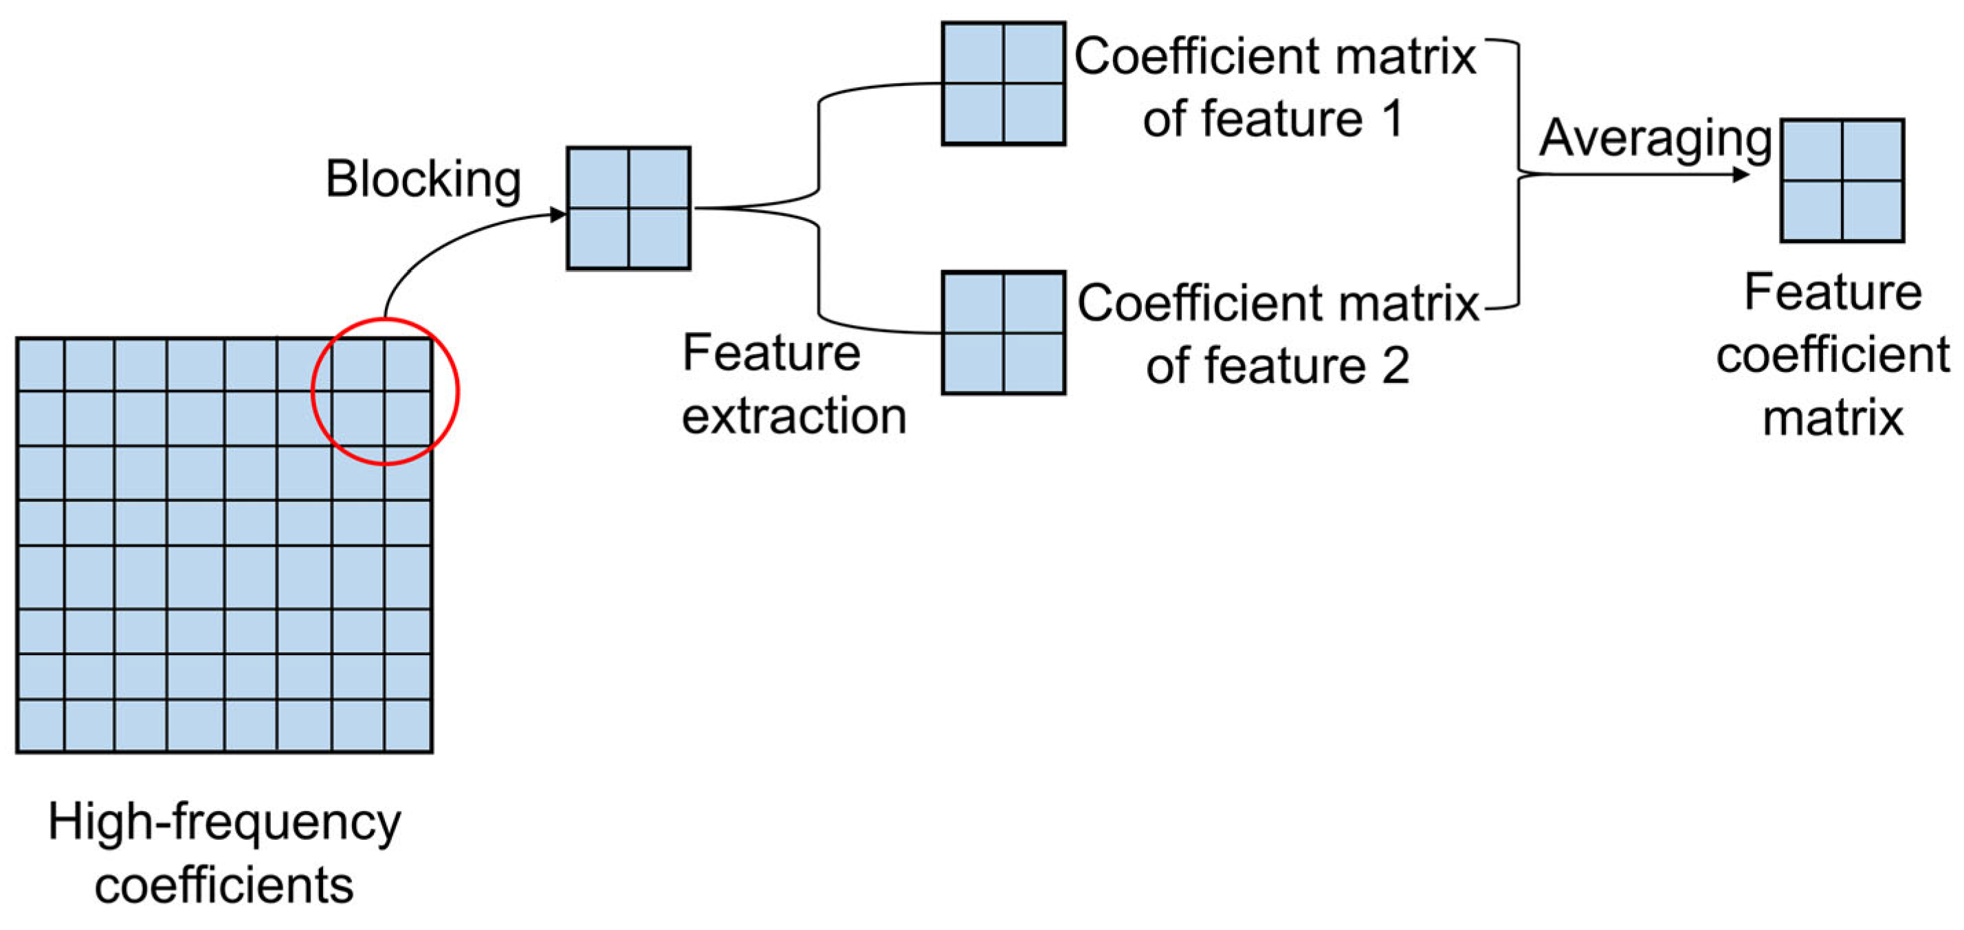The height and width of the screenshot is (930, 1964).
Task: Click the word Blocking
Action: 423,180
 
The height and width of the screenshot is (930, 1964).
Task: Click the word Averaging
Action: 1655,140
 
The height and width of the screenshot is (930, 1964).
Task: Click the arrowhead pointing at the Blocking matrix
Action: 558,215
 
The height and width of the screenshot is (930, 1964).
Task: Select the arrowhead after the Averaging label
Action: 1741,175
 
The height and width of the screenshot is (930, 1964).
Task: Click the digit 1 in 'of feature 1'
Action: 1392,120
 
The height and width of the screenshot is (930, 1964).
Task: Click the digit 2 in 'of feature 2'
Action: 1395,366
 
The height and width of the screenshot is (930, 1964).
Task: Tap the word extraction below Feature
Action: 794,417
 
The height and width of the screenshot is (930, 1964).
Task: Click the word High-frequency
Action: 224,823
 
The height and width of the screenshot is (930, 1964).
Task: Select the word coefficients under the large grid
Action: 224,886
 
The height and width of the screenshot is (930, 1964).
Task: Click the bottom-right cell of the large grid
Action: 407,725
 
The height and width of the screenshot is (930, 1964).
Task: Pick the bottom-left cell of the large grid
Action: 41,725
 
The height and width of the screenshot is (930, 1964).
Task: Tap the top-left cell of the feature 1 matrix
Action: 973,54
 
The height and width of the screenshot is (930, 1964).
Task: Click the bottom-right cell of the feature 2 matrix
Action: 1033,363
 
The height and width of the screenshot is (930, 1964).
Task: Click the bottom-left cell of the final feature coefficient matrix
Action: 1811,210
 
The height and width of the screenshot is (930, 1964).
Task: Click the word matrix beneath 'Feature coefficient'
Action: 1833,419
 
